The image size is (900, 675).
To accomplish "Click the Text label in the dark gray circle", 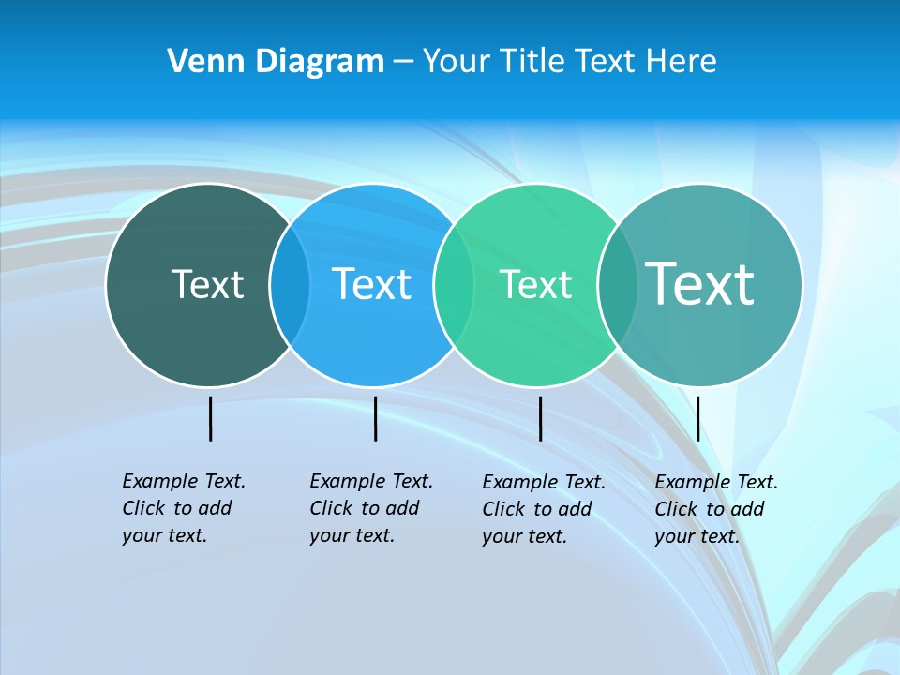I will (207, 284).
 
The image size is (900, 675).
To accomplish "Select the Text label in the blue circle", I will (371, 284).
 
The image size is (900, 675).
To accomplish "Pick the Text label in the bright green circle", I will (535, 284).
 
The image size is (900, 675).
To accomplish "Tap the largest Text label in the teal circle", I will (700, 284).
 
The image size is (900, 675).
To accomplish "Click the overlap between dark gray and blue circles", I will (290, 284).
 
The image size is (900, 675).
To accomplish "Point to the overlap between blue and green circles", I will (454, 284).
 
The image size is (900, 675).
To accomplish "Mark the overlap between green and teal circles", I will (617, 284).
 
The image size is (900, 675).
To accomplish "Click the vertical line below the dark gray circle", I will (211, 418).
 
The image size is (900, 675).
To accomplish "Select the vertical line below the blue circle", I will (375, 418).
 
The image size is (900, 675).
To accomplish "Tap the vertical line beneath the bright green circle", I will (540, 418).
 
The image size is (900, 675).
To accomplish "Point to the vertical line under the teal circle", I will (698, 418).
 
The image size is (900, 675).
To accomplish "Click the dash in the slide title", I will (403, 62).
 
